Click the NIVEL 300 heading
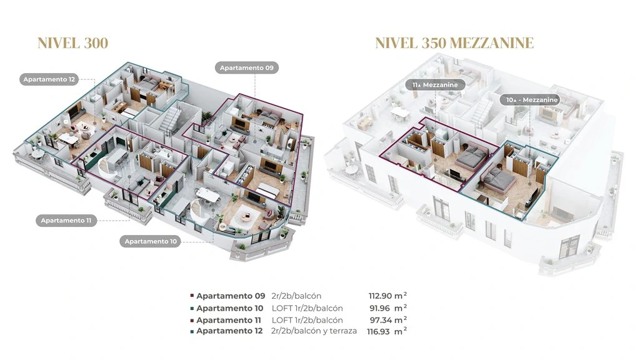(72, 43)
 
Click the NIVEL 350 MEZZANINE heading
(454, 43)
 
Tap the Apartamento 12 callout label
(49, 79)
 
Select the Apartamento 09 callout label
(246, 67)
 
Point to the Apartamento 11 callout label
(66, 221)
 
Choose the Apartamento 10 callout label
(151, 241)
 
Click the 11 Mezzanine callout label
(435, 85)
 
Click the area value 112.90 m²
(387, 296)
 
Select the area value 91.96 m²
(387, 307)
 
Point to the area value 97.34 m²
(387, 319)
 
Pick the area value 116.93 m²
(387, 331)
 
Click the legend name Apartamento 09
(231, 296)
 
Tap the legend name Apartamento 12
(229, 331)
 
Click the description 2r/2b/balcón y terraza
(314, 331)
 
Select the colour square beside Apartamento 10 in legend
(192, 308)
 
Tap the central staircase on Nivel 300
(169, 117)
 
